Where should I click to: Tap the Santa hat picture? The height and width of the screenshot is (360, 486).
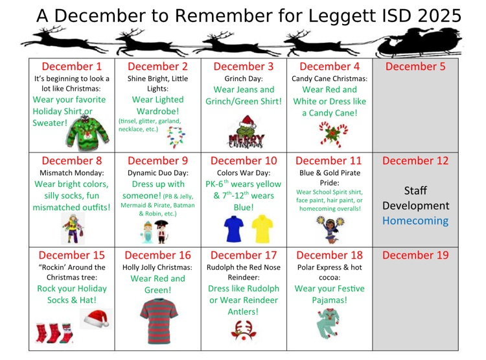tap(96, 318)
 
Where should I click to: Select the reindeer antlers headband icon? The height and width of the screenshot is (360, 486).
tap(244, 331)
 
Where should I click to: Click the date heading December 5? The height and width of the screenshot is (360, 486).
tap(415, 66)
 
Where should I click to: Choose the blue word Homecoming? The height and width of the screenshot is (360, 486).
tap(415, 221)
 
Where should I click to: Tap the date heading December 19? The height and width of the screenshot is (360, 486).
tap(415, 255)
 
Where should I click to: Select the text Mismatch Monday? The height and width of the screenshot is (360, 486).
tap(72, 174)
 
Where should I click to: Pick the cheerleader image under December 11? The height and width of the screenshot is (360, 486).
tap(329, 230)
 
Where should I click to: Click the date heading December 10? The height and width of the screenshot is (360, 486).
tap(244, 160)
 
